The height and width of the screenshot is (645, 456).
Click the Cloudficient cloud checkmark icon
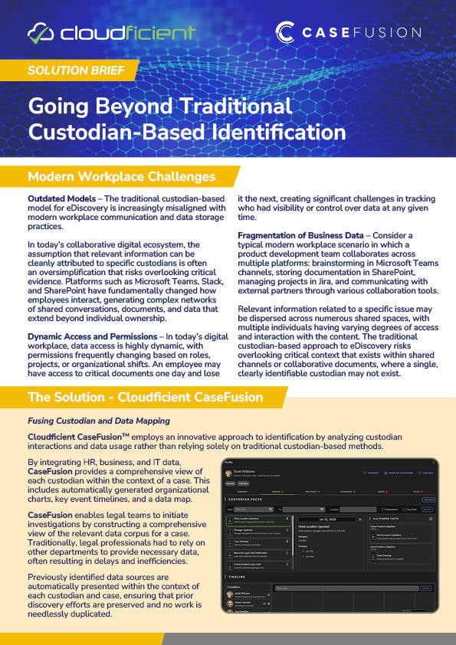(41, 33)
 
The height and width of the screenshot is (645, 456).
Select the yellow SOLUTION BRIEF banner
(68, 70)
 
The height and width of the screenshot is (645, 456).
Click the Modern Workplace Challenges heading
(121, 177)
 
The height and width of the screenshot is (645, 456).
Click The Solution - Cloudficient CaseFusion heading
(145, 398)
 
